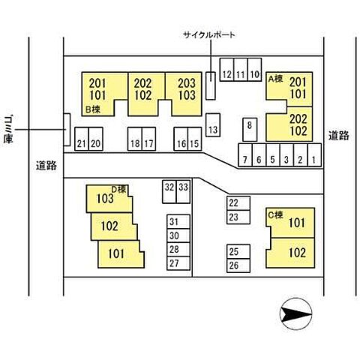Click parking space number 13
click(x=213, y=125)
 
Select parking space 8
click(x=250, y=130)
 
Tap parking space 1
click(x=314, y=155)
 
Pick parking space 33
click(x=184, y=192)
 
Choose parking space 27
click(x=178, y=263)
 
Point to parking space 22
click(x=238, y=203)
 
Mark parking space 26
click(x=238, y=265)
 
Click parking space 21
click(x=82, y=139)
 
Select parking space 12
click(x=227, y=70)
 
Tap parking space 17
click(x=149, y=139)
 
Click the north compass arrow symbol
click(x=296, y=313)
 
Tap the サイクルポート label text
click(x=209, y=34)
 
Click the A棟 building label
click(x=275, y=79)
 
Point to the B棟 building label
click(x=93, y=109)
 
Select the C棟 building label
click(x=275, y=215)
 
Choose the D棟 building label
click(x=118, y=189)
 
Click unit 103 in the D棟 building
click(x=105, y=199)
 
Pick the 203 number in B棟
click(x=187, y=83)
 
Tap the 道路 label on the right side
click(x=339, y=136)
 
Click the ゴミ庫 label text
click(x=8, y=129)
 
